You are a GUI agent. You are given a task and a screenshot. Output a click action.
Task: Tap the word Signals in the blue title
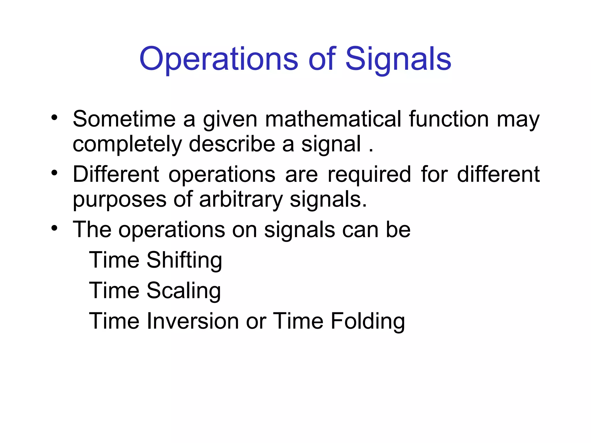(x=398, y=60)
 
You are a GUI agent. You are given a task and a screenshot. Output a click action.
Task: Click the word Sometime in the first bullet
(x=124, y=119)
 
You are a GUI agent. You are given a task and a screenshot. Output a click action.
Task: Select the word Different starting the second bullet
(x=116, y=174)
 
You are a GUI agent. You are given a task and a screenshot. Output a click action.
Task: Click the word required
(x=369, y=175)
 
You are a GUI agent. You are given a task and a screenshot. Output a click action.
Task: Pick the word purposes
(x=119, y=200)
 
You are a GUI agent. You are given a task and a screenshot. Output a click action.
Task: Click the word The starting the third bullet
(x=92, y=230)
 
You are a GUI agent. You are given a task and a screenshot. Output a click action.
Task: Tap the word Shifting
(x=184, y=260)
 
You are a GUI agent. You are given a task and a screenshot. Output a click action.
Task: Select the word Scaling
(x=184, y=291)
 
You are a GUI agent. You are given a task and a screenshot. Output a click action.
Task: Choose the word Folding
(x=368, y=321)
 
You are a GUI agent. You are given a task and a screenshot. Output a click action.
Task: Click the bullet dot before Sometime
(x=54, y=118)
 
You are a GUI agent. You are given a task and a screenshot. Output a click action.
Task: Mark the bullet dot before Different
(x=54, y=173)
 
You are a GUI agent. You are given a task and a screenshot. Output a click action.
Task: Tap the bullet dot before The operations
(x=54, y=228)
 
